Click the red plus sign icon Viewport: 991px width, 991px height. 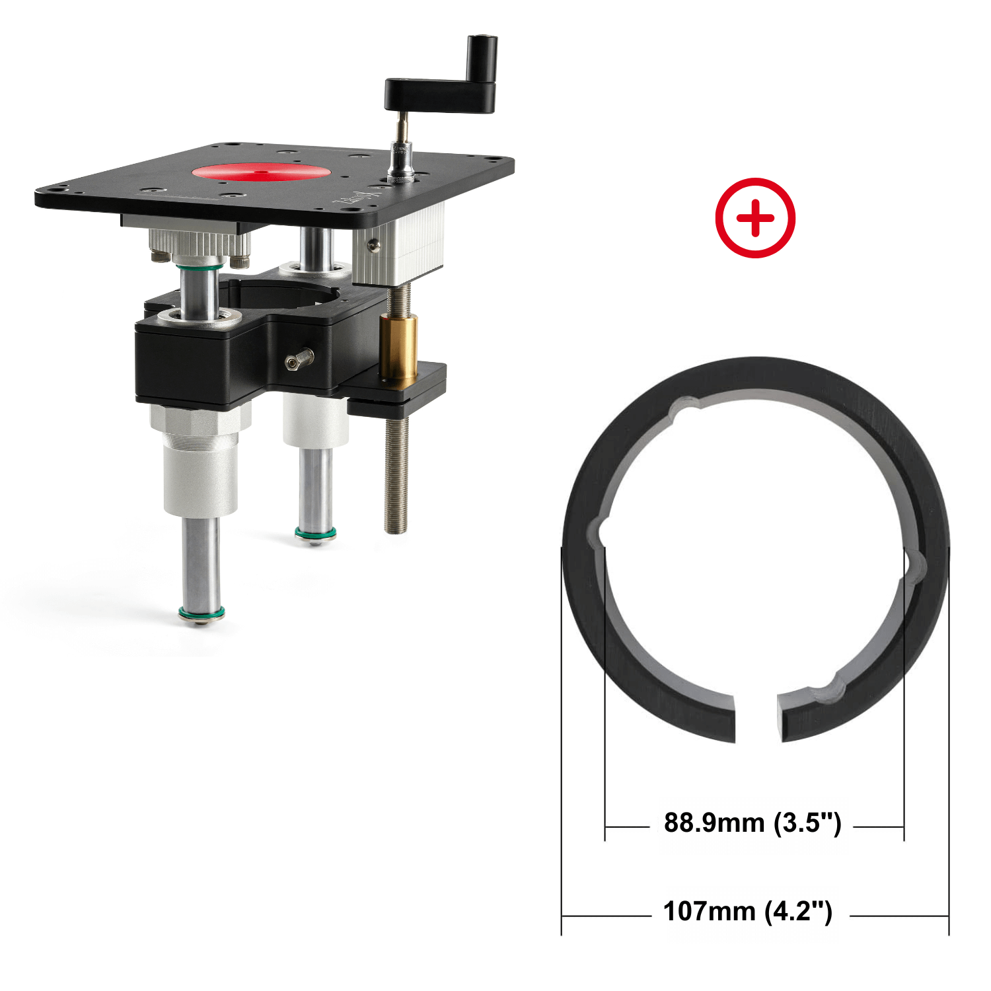point(755,217)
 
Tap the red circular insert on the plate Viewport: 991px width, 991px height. point(261,172)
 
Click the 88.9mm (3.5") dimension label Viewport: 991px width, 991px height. point(752,823)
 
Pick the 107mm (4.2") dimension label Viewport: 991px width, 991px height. point(747,912)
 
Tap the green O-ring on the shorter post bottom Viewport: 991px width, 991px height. point(315,533)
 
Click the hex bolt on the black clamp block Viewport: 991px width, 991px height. point(299,359)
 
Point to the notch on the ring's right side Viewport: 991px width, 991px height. point(914,568)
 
